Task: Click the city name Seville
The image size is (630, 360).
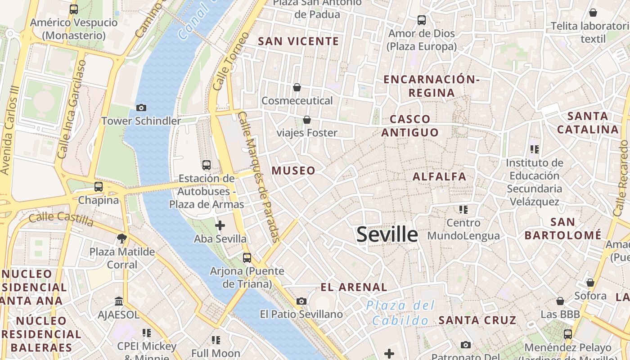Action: pos(387,234)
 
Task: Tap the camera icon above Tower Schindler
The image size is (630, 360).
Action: pos(141,108)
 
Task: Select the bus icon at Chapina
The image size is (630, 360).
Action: pos(99,186)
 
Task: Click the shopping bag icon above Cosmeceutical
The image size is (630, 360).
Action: pos(297,87)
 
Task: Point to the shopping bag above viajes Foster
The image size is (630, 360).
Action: pos(307,120)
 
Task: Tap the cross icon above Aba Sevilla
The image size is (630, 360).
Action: pos(220,225)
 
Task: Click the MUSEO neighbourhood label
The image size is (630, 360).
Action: pos(293,171)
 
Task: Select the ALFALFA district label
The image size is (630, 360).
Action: pos(439,176)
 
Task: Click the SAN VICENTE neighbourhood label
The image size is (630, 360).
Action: pos(298,41)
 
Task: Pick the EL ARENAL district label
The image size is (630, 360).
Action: pos(354,287)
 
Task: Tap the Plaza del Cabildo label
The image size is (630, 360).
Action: pos(400,313)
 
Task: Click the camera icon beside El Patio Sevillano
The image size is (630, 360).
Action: pos(301,301)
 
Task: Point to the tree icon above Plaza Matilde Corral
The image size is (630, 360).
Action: pos(121,238)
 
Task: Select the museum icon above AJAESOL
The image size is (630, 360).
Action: pos(119,301)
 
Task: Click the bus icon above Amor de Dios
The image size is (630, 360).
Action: pos(422,20)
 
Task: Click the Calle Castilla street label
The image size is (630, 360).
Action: pos(61,219)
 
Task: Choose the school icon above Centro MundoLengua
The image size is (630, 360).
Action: pos(463,209)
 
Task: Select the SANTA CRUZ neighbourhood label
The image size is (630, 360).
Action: pos(477,320)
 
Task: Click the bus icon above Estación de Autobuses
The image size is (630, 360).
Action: pos(207,165)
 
